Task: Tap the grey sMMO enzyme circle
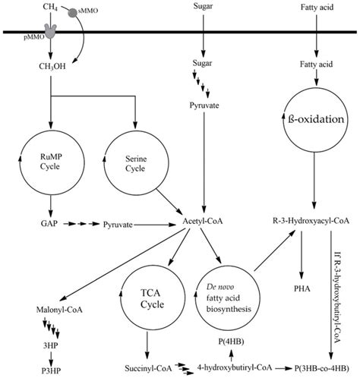click(72, 13)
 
